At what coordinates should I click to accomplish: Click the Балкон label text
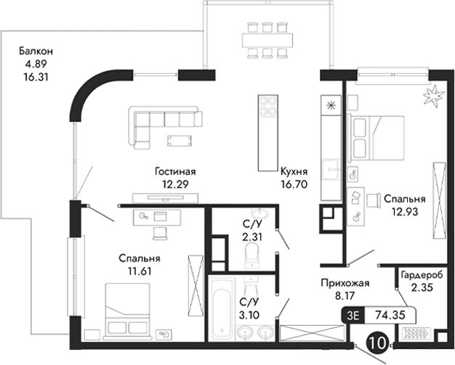(x=36, y=52)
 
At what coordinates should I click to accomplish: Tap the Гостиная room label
(x=175, y=172)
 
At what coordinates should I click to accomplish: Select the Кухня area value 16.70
(x=294, y=185)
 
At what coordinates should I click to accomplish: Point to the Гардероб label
(x=419, y=276)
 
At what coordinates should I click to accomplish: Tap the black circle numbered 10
(x=377, y=341)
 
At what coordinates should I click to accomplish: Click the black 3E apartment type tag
(x=353, y=315)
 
